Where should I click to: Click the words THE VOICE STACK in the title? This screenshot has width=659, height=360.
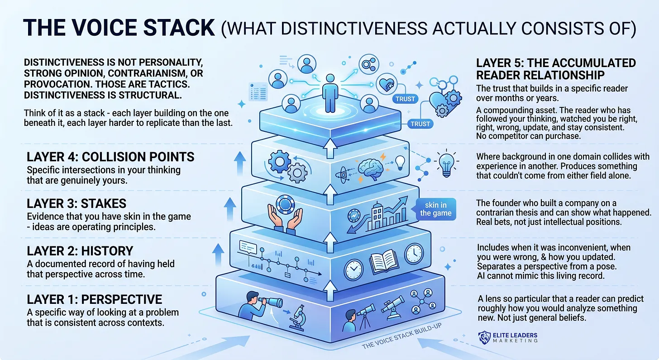119,28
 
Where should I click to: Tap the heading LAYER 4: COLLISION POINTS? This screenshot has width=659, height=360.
110,157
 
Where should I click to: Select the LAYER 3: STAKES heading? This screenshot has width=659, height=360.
76,203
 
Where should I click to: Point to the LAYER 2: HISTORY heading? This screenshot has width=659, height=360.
80,251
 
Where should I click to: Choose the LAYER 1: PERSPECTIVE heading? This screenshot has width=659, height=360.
95,299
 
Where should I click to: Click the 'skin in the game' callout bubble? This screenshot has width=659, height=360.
436,209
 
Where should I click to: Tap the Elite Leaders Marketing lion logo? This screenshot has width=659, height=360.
484,337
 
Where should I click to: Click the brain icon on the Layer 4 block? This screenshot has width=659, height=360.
370,169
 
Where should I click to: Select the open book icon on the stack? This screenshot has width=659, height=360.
384,261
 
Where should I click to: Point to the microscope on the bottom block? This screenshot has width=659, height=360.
298,318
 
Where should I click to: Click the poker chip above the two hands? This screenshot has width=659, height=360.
285,204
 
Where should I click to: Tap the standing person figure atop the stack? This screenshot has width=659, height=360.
330,93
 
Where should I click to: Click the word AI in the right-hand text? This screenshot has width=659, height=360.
481,276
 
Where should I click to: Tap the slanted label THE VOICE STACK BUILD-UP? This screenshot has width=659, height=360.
402,336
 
